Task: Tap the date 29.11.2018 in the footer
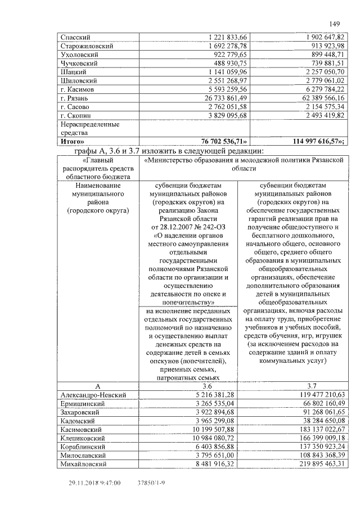pos(85,483)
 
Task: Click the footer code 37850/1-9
pos(151,483)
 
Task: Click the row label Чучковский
pos(79,64)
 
